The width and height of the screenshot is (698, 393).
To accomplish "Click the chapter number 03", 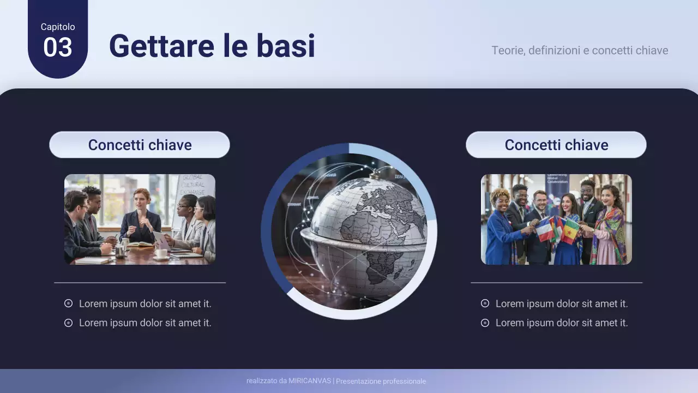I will pyautogui.click(x=57, y=47).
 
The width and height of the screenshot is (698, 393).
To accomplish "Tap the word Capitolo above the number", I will pyautogui.click(x=58, y=27).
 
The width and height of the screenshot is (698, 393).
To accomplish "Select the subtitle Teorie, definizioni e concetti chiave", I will pyautogui.click(x=579, y=50).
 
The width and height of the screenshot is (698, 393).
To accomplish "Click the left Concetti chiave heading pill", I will pyautogui.click(x=140, y=145).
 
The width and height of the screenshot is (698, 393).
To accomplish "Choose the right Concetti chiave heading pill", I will pyautogui.click(x=556, y=145).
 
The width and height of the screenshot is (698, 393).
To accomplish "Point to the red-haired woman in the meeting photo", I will pyautogui.click(x=141, y=213).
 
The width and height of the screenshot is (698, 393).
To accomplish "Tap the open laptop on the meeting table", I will pyautogui.click(x=162, y=241).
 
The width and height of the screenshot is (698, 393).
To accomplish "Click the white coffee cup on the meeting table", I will pyautogui.click(x=161, y=253).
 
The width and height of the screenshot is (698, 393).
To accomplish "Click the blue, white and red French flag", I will pyautogui.click(x=545, y=229).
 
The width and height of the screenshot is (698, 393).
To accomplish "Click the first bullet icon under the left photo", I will pyautogui.click(x=68, y=303).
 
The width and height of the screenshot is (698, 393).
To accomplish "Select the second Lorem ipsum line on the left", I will pyautogui.click(x=145, y=323).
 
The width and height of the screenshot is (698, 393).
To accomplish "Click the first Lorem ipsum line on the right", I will pyautogui.click(x=562, y=303).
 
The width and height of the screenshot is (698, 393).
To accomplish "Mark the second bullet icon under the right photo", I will pyautogui.click(x=485, y=323).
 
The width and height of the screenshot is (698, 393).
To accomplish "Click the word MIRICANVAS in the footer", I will pyautogui.click(x=310, y=381).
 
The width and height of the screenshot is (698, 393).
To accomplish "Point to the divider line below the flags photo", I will pyautogui.click(x=556, y=283).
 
